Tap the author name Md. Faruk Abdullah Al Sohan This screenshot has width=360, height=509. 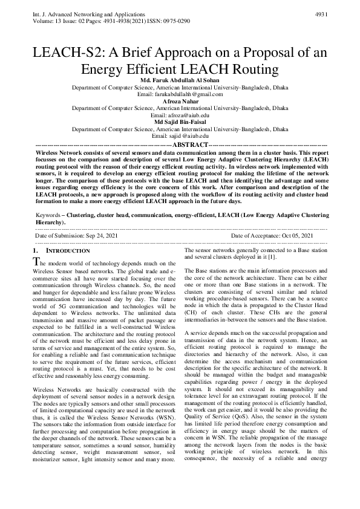coord(180,80)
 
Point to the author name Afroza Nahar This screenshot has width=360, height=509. coord(180,101)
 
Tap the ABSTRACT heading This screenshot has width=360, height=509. coord(181,146)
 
